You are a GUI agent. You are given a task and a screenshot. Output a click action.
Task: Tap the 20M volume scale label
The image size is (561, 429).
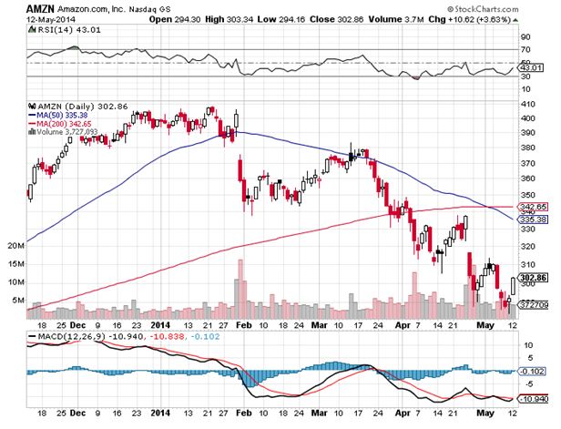[14, 246]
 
